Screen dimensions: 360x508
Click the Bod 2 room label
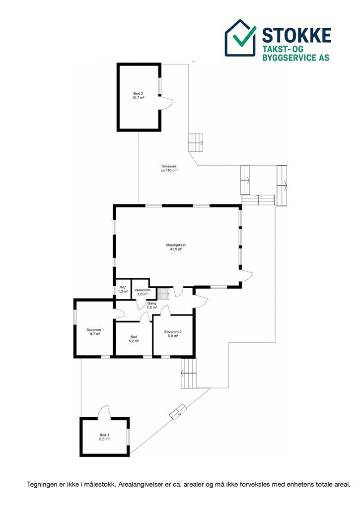pyautogui.click(x=138, y=94)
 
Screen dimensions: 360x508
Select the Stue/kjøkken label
pyautogui.click(x=176, y=245)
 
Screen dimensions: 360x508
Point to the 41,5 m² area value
pyautogui.click(x=176, y=249)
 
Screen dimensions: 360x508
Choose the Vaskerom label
pyautogui.click(x=143, y=290)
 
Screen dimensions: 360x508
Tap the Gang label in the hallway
pyautogui.click(x=152, y=304)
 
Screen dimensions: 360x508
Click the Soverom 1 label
pyautogui.click(x=95, y=330)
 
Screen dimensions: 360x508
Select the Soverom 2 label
pyautogui.click(x=173, y=332)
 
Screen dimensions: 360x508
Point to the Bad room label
pyautogui.click(x=134, y=337)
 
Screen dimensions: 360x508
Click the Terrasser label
pyautogui.click(x=169, y=166)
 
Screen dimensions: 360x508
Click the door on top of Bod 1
pyautogui.click(x=104, y=411)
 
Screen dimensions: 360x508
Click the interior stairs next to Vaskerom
pyautogui.click(x=163, y=294)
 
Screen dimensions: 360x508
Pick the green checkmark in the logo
pyautogui.click(x=244, y=35)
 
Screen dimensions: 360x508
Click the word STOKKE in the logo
pyautogui.click(x=296, y=35)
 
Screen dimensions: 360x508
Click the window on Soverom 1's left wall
pyautogui.click(x=75, y=317)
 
